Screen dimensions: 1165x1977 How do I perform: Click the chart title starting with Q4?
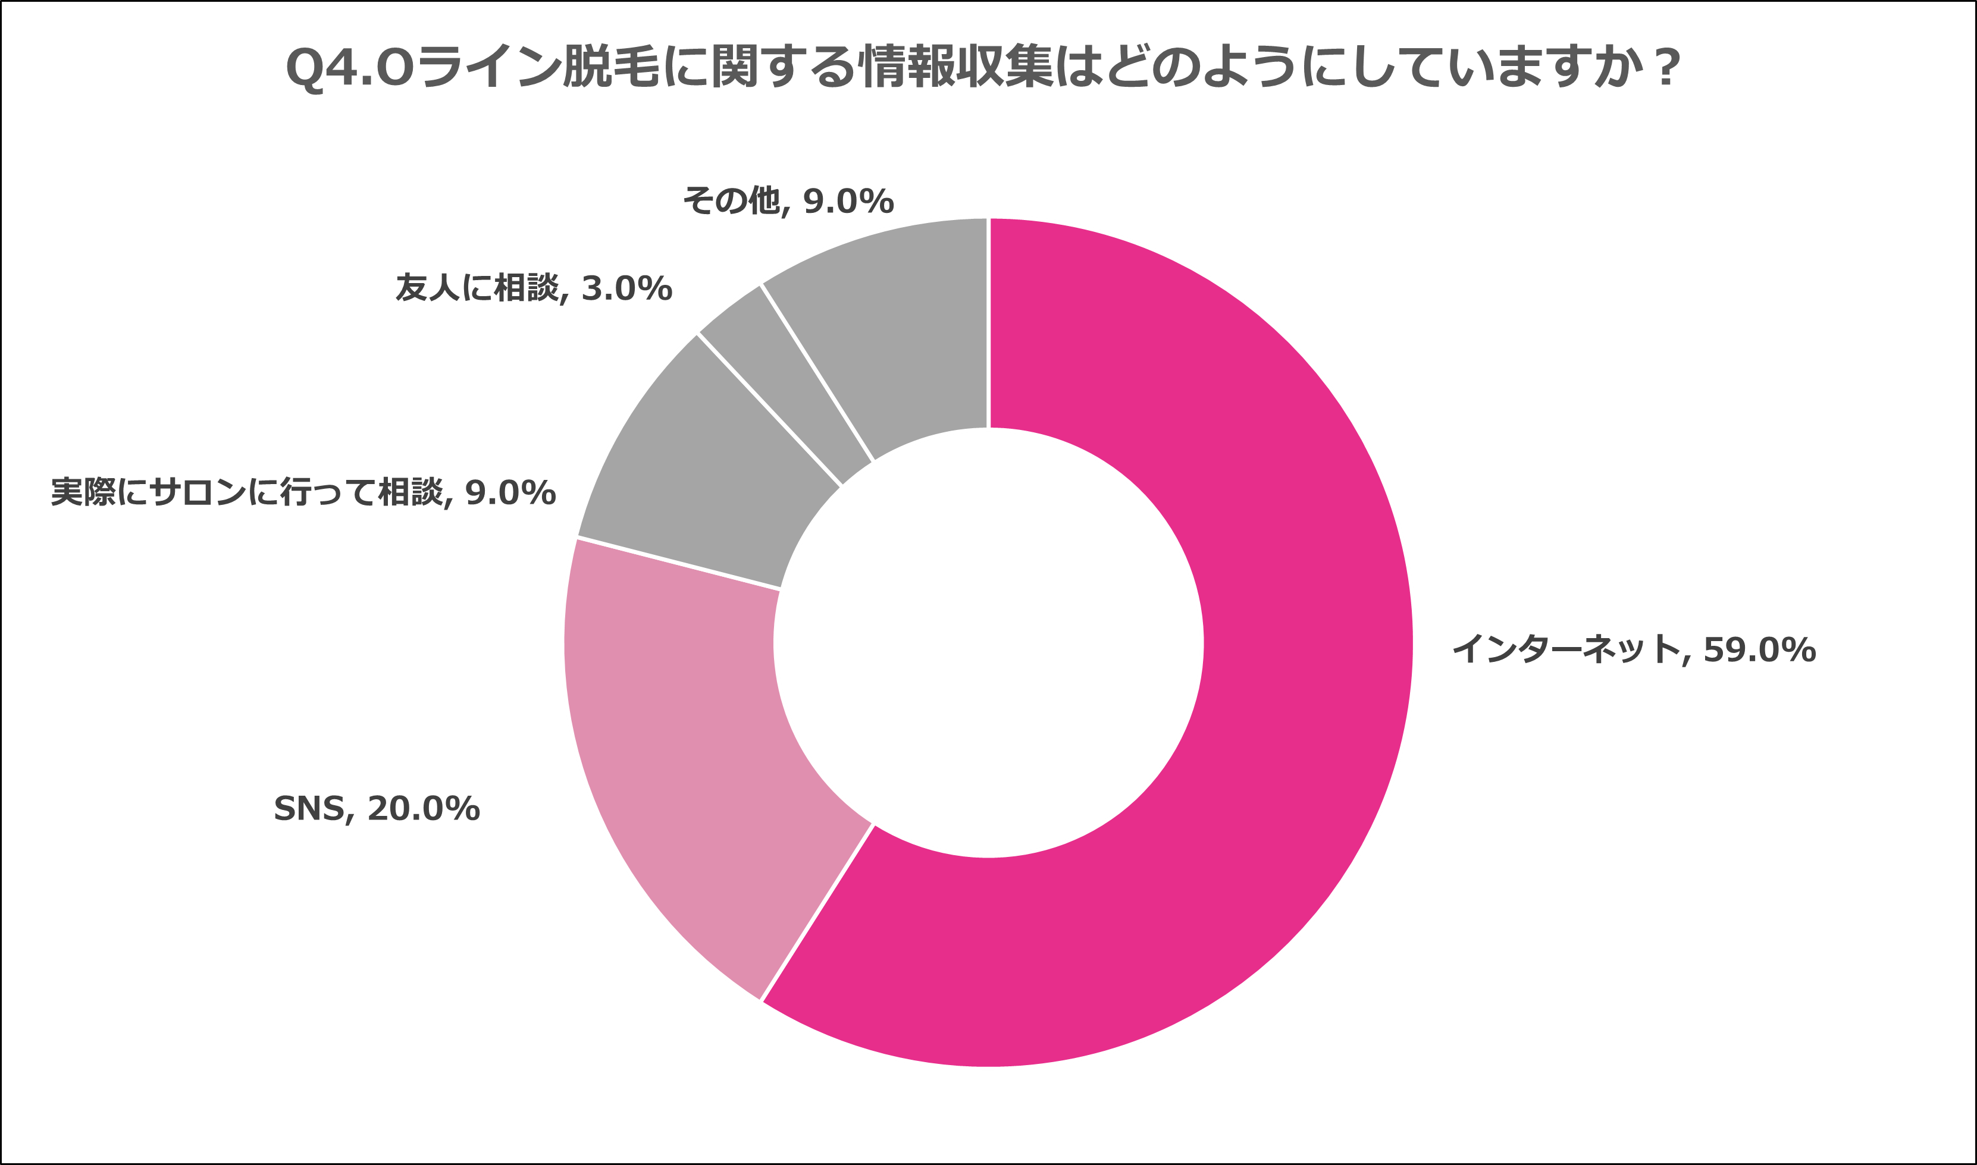tap(982, 68)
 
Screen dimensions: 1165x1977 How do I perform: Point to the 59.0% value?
tap(1759, 650)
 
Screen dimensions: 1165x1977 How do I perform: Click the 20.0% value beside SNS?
tap(423, 809)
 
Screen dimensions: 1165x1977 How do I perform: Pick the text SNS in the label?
tap(309, 809)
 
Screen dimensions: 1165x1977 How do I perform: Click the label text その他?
tap(730, 202)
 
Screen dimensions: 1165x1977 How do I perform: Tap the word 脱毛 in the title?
tap(612, 68)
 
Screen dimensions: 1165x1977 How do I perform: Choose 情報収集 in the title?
tap(958, 68)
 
